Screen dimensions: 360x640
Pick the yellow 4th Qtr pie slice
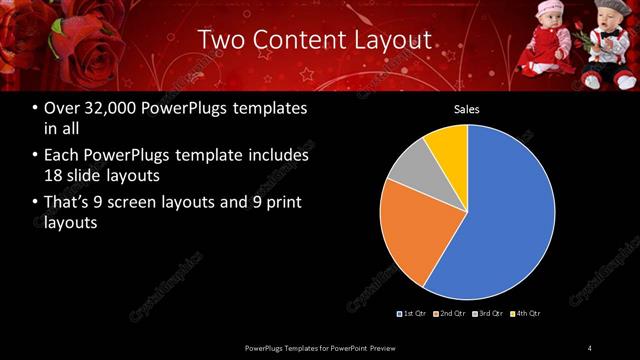click(x=447, y=146)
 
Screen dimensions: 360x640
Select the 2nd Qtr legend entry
click(x=451, y=313)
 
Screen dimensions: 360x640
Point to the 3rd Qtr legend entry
click(x=489, y=313)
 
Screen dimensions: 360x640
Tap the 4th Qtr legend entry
click(x=526, y=313)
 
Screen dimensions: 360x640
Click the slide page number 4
click(x=590, y=347)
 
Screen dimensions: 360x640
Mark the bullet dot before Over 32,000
click(x=35, y=108)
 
